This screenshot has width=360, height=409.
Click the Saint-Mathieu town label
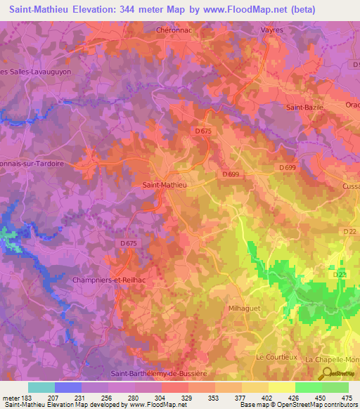pos(164,185)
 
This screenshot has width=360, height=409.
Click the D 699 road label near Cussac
pos(286,167)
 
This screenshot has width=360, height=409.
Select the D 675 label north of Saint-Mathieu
pos(202,131)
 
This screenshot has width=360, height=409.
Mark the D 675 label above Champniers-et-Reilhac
pos(129,243)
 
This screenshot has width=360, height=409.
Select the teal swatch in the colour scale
pos(41,387)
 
